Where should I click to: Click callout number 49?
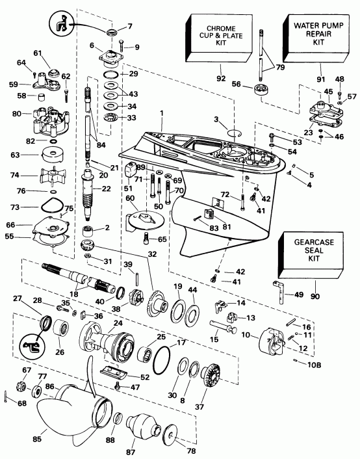pyautogui.click(x=299, y=295)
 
